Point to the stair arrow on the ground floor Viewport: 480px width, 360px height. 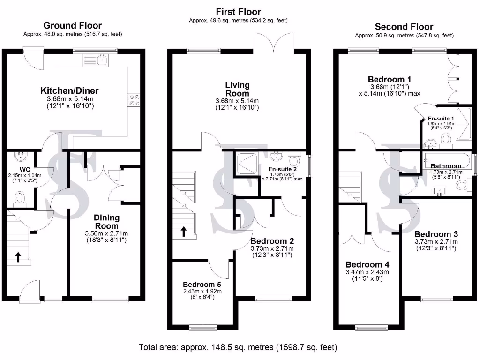pyautogui.click(x=18, y=256)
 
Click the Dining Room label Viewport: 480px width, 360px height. pyautogui.click(x=107, y=222)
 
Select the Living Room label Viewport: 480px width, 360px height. pyautogui.click(x=237, y=89)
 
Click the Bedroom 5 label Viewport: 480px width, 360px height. pyautogui.click(x=202, y=284)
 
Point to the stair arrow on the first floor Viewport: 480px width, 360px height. pyautogui.click(x=184, y=231)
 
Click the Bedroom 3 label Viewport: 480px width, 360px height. pyautogui.click(x=436, y=234)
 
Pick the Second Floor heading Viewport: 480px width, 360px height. pyautogui.click(x=404, y=27)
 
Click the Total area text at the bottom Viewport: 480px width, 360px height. pyautogui.click(x=238, y=347)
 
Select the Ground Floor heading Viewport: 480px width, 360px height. pyautogui.click(x=72, y=25)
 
